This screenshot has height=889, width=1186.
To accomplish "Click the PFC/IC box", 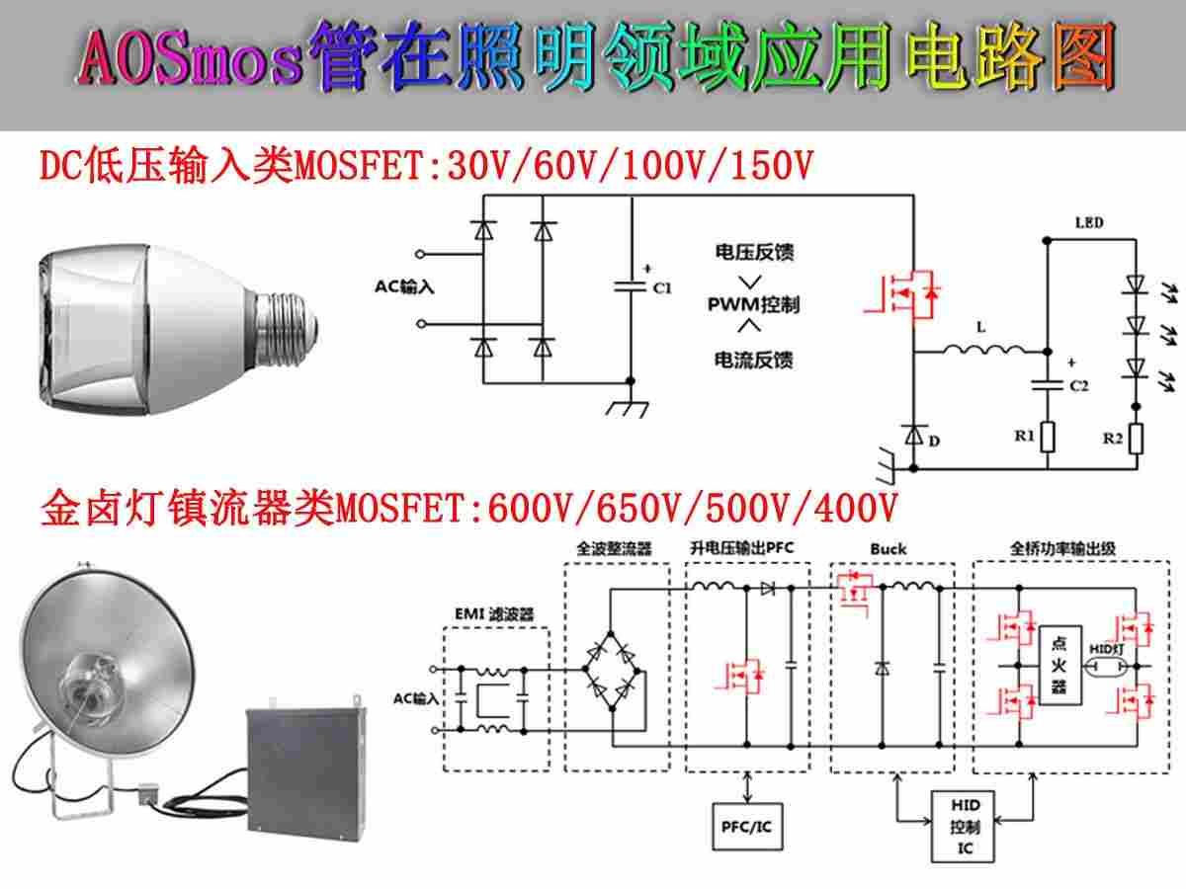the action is (x=747, y=827).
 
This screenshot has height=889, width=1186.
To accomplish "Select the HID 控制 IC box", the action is (x=963, y=827).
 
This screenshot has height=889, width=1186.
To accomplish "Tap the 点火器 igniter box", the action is (x=1060, y=665).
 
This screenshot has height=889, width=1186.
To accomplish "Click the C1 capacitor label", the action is (x=662, y=288).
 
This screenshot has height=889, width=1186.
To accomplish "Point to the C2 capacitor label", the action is (x=1079, y=385).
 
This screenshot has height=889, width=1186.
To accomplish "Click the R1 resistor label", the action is (x=1025, y=436).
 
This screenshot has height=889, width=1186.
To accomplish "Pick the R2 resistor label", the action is (x=1113, y=438).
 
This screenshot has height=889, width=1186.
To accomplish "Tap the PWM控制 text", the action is (x=754, y=305).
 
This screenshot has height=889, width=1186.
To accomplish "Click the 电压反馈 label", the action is (x=754, y=252).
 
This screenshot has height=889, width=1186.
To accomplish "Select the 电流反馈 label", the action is (x=754, y=360).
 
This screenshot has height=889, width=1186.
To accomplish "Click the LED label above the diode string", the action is (x=1089, y=222).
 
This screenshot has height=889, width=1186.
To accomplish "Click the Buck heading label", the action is (x=889, y=549).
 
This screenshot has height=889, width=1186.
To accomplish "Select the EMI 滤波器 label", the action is (x=494, y=614).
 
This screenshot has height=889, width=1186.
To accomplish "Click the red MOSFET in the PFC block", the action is (x=740, y=676).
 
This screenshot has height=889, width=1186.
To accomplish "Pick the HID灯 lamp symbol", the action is (x=1107, y=667).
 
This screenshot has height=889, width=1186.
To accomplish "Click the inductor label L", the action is (x=981, y=327).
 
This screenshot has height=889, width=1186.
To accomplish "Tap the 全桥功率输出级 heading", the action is (x=1062, y=549).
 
